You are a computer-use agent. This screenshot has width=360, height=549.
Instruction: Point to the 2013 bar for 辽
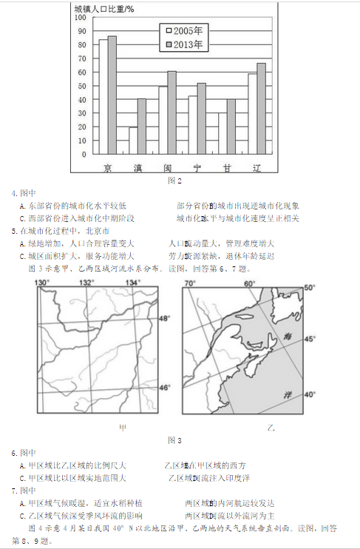click(261, 109)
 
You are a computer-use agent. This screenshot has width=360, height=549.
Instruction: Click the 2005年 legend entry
click(186, 31)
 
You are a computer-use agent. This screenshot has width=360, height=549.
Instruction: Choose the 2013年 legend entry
click(186, 44)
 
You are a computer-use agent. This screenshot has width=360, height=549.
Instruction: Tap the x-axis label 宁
click(197, 167)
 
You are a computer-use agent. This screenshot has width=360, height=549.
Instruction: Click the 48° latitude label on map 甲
click(165, 317)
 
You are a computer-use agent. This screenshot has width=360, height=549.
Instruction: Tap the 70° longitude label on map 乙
click(190, 283)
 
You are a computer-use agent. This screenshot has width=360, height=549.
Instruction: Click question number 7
click(15, 491)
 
